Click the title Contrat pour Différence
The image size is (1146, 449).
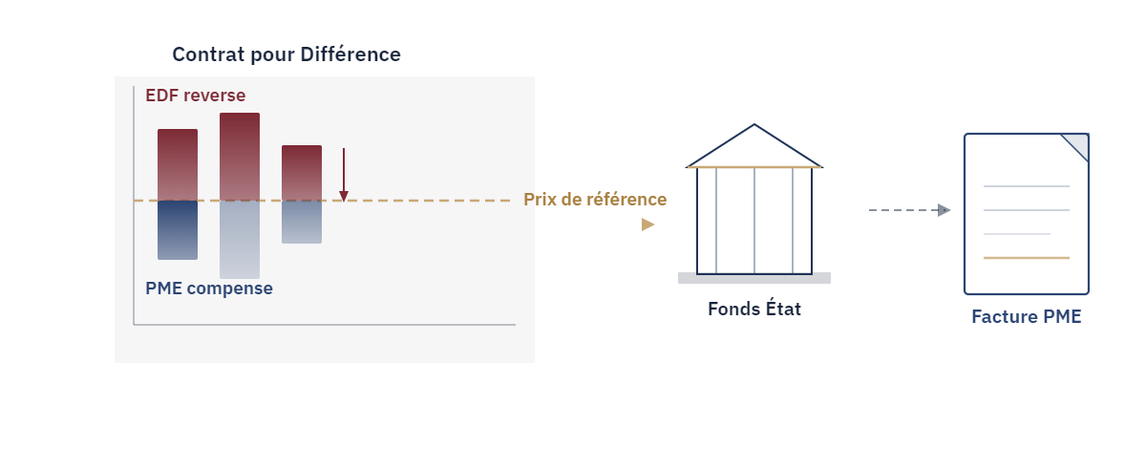286,54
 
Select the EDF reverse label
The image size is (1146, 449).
196,96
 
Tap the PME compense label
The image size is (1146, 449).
209,289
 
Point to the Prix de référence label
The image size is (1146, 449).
595,199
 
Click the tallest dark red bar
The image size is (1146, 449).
240,157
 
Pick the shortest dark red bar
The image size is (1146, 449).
302,173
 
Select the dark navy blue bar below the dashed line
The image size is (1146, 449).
178,230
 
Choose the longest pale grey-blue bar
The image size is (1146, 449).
240,240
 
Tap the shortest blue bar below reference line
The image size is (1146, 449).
302,222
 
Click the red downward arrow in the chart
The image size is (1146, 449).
344,175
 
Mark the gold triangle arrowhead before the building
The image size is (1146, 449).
647,224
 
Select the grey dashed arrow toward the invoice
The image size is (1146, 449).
909,210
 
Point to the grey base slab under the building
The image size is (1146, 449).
754,278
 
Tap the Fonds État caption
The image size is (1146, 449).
754,309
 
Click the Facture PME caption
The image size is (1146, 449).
1027,316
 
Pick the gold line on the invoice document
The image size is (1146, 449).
1027,258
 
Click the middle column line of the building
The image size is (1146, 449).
754,221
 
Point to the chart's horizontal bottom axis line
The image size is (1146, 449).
325,324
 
